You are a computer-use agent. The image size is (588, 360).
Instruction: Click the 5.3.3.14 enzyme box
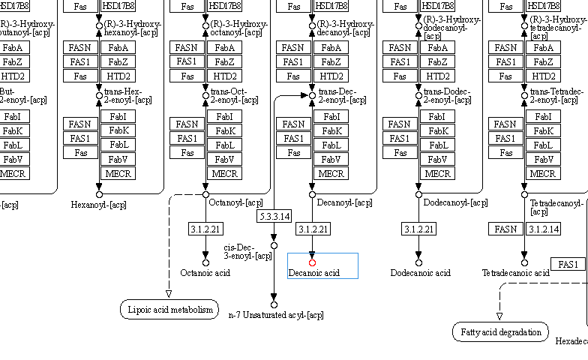coord(274,217)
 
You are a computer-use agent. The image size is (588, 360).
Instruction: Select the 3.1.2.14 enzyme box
coord(542,229)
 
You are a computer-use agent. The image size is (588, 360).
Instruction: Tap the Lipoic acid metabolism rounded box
coord(169,309)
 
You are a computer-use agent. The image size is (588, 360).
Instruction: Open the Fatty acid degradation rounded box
coord(501,331)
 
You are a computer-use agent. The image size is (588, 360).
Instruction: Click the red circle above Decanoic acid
coord(312,262)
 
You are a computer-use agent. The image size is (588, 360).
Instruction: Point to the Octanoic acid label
coord(205,273)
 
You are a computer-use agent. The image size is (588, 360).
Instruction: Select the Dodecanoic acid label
coord(420,273)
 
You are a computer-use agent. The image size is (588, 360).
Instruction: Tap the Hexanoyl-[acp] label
coord(99,204)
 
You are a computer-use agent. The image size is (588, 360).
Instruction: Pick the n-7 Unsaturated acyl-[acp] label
coord(275,315)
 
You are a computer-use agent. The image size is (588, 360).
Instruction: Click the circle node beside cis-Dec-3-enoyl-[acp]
coord(274,245)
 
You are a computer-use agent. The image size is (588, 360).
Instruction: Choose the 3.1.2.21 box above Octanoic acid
coord(205,229)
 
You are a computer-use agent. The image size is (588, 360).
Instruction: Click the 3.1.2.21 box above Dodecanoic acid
coord(419,229)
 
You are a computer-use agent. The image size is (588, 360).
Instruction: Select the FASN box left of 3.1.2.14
coord(506,229)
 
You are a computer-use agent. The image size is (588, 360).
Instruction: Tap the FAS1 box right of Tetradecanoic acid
coord(568,264)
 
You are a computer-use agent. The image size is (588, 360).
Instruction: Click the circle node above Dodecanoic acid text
coord(418,262)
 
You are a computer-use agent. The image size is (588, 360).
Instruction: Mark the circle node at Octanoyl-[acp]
coord(205,194)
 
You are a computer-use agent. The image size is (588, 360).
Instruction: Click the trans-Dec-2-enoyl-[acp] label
coord(337,96)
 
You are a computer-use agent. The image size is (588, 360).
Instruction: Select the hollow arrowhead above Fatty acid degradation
coord(499,316)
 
